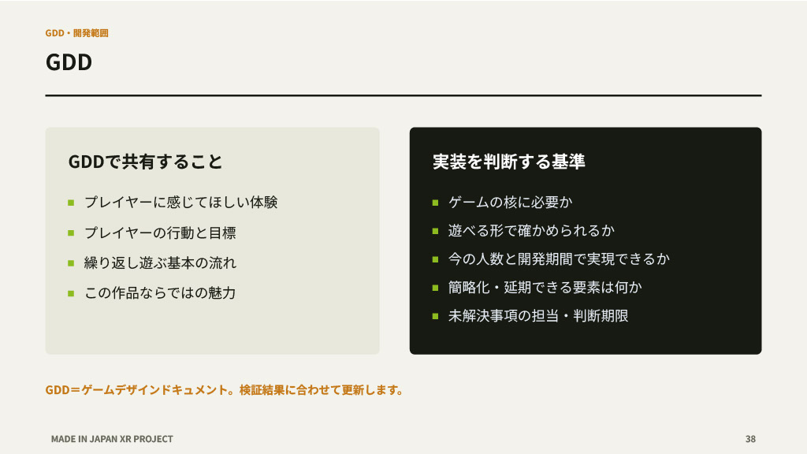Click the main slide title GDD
click(x=69, y=62)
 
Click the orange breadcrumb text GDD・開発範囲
click(x=76, y=33)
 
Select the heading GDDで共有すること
click(x=145, y=162)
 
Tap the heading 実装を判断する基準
click(x=508, y=162)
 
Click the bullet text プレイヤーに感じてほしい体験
click(x=181, y=203)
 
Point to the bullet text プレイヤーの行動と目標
click(x=160, y=233)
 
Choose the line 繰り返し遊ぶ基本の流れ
click(x=160, y=263)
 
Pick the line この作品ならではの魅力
click(x=160, y=293)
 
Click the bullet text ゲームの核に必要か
click(x=510, y=203)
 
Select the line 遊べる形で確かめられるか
click(x=531, y=231)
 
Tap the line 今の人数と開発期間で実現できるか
click(x=559, y=259)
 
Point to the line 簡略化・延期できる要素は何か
click(x=545, y=287)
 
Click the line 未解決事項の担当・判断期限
click(x=538, y=315)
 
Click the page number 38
click(x=750, y=439)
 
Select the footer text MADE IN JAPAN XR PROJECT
click(x=112, y=439)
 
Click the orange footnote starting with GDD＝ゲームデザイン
click(x=225, y=390)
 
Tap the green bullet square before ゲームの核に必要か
click(x=435, y=203)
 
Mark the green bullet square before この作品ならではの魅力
click(x=71, y=293)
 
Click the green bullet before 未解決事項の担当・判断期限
click(x=435, y=316)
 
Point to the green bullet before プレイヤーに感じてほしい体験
click(x=71, y=203)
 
